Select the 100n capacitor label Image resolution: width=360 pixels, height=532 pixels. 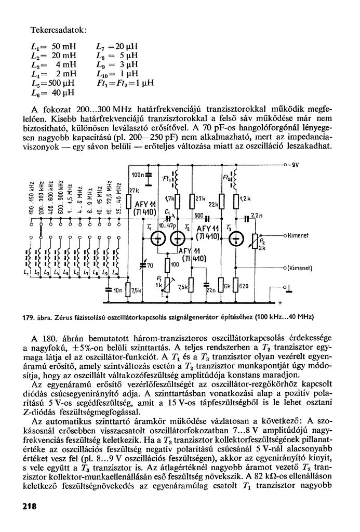(138, 174)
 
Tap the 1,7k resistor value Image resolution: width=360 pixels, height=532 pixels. (169, 199)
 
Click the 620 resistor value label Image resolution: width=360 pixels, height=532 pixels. (244, 286)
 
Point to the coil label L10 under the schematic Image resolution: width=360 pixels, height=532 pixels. (115, 273)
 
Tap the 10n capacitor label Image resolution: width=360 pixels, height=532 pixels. (117, 290)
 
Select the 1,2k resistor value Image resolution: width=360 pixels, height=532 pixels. (246, 199)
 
